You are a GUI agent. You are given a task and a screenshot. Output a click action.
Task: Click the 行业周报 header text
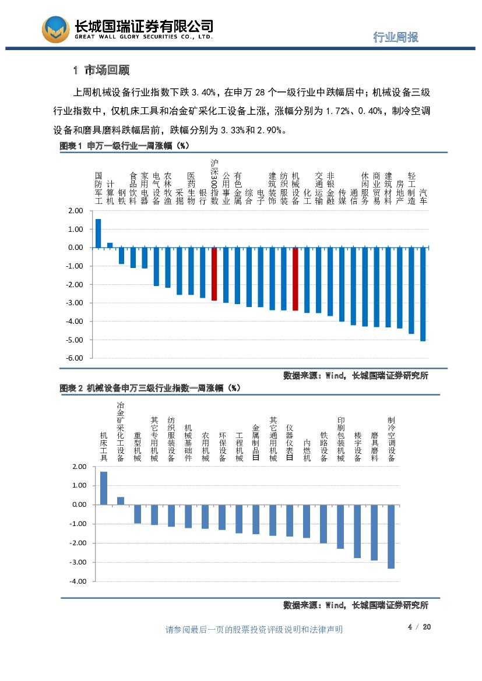[x=396, y=37]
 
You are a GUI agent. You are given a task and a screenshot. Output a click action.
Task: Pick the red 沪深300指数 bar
[x=214, y=274]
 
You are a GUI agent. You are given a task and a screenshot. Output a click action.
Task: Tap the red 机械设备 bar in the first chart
[x=295, y=279]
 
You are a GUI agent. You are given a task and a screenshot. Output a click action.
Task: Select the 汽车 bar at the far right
[x=423, y=294]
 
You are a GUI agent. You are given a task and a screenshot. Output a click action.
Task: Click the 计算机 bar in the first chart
[x=110, y=245]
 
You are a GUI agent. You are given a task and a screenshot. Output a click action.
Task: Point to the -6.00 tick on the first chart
[x=76, y=358]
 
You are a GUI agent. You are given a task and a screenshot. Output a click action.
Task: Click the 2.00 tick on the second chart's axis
[x=78, y=467]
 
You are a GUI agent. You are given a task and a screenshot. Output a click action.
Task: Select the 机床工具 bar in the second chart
[x=104, y=488]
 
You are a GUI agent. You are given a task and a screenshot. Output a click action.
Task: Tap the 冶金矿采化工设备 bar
[x=121, y=500]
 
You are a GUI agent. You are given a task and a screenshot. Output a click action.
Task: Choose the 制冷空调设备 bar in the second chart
[x=391, y=536]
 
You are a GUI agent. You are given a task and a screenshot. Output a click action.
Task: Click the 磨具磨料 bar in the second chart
[x=374, y=532]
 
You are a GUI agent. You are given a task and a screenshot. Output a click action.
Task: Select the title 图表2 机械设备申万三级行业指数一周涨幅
[x=150, y=387]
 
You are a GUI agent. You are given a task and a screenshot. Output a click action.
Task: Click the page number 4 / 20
[x=418, y=627]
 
